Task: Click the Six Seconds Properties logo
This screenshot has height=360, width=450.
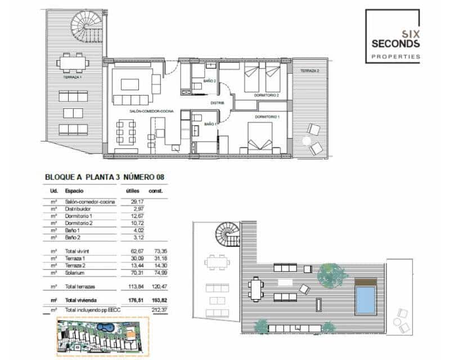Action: pos(392,35)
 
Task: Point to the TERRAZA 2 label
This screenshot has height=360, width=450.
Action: pos(309,71)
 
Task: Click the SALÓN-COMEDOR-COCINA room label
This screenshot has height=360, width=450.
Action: pos(151,112)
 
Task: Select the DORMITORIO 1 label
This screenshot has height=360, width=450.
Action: pos(267,116)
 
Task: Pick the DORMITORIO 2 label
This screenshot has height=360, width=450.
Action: pos(266,96)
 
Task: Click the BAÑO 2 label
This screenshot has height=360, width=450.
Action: pos(210,82)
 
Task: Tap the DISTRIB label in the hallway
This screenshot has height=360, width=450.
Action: pos(217,103)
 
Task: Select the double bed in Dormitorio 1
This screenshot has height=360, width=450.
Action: pos(260,137)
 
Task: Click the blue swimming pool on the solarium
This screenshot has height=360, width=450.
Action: pos(366,299)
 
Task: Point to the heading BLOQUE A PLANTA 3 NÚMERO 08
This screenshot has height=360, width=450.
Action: pos(104,177)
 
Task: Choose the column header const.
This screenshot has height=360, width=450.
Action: pos(157,191)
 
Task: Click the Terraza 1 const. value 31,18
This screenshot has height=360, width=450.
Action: pos(157,258)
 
